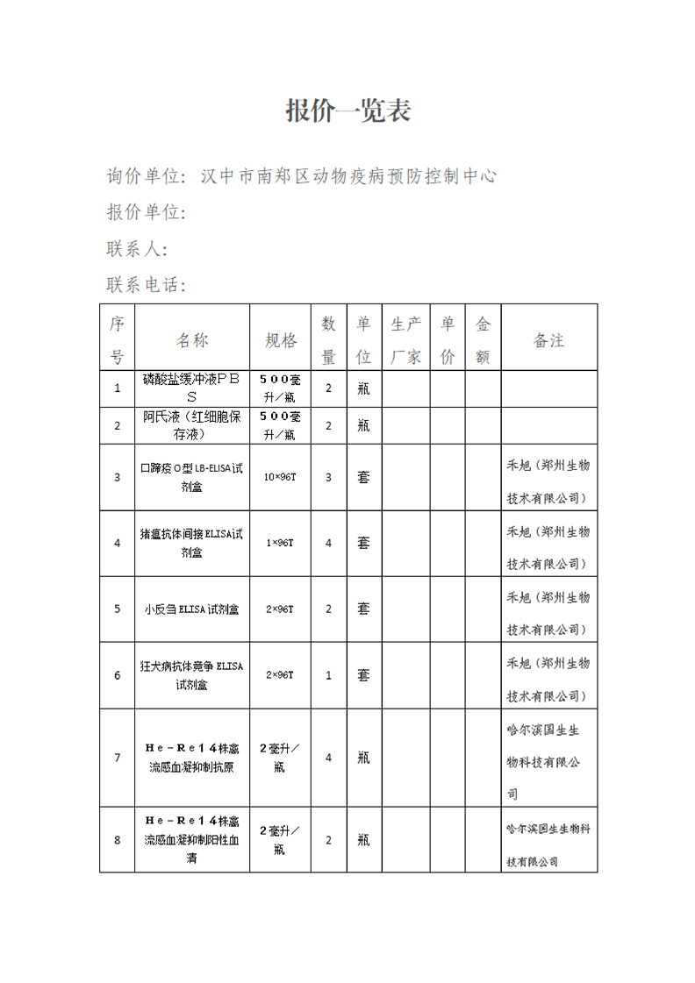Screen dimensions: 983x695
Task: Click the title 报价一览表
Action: [348, 111]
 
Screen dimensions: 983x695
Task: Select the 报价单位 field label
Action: [147, 213]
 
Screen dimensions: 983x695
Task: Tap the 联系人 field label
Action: [137, 249]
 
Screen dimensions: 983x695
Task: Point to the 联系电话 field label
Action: [147, 286]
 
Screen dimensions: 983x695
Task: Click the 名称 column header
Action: [192, 340]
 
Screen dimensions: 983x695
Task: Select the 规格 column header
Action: [281, 340]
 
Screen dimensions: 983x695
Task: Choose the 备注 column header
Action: [548, 340]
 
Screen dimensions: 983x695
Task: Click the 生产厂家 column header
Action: [405, 340]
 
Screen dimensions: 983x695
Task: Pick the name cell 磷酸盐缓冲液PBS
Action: [192, 388]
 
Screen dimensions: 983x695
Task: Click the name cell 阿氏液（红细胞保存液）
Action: [192, 425]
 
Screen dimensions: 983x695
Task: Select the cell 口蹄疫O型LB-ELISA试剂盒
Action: [192, 477]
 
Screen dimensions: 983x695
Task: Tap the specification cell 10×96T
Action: [280, 477]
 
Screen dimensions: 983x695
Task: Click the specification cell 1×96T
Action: [280, 543]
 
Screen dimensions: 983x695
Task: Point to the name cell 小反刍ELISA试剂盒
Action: [192, 609]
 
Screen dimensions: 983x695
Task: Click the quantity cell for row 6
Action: [329, 675]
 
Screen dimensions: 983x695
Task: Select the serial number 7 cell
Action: [117, 757]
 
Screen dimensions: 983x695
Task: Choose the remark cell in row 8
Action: [548, 839]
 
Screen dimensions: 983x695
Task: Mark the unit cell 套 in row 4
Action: [363, 543]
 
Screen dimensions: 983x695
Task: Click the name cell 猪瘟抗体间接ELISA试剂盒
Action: [192, 543]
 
